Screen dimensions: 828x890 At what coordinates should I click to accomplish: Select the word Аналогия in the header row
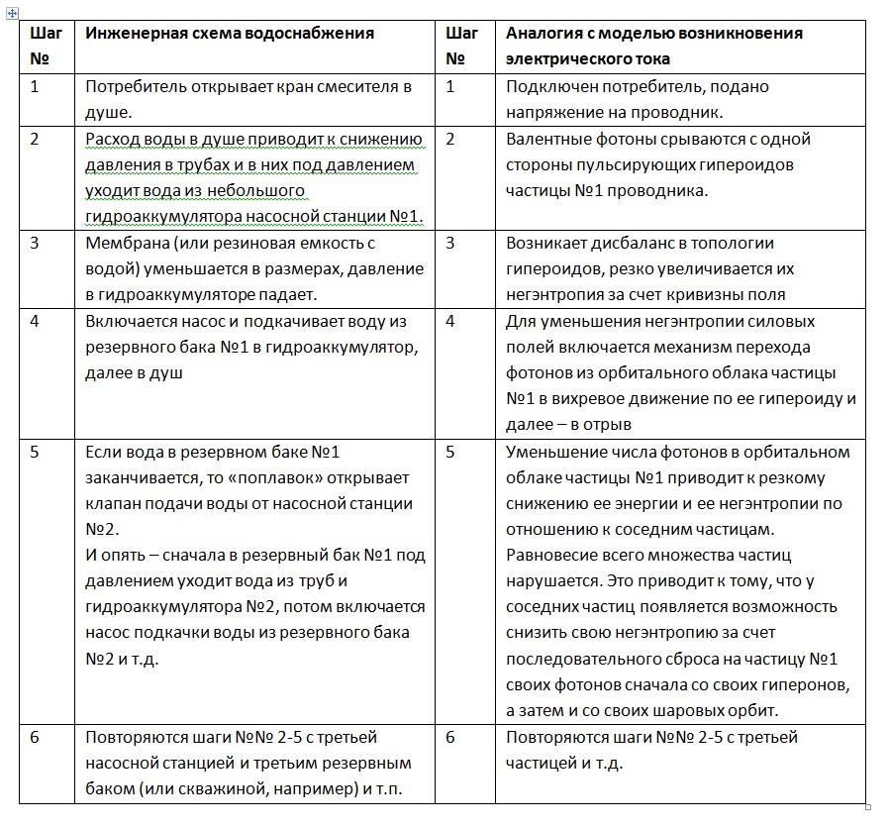pos(540,33)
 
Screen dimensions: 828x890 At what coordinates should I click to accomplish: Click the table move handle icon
pos(12,12)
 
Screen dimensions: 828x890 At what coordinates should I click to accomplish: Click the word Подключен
pos(550,86)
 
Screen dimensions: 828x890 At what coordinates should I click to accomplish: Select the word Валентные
pos(546,139)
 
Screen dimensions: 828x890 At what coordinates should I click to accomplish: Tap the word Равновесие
pos(550,555)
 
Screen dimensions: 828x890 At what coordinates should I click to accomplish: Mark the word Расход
pos(113,139)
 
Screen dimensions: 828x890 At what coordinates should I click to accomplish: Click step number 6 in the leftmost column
pos(35,738)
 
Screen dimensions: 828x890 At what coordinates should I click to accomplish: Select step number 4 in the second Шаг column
pos(450,321)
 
